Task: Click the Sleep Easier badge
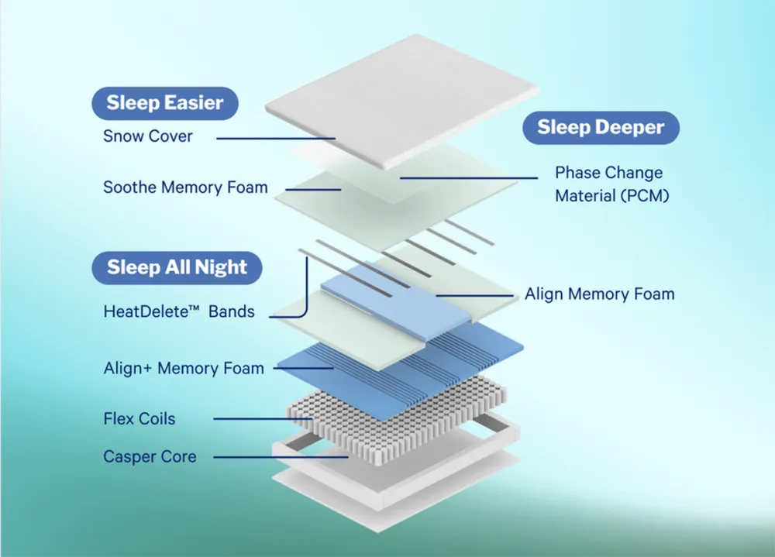[x=164, y=102]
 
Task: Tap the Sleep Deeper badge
[x=601, y=128]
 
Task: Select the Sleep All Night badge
[x=177, y=268]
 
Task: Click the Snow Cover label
[x=148, y=136]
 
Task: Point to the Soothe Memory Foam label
[x=185, y=187]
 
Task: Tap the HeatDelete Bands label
[x=178, y=312]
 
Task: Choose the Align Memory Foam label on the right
[x=599, y=294]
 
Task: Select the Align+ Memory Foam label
[x=184, y=369]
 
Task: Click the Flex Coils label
[x=139, y=419]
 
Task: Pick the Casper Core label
[x=150, y=457]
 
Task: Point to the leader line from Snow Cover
[x=275, y=138]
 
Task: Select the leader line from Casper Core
[x=279, y=457]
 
